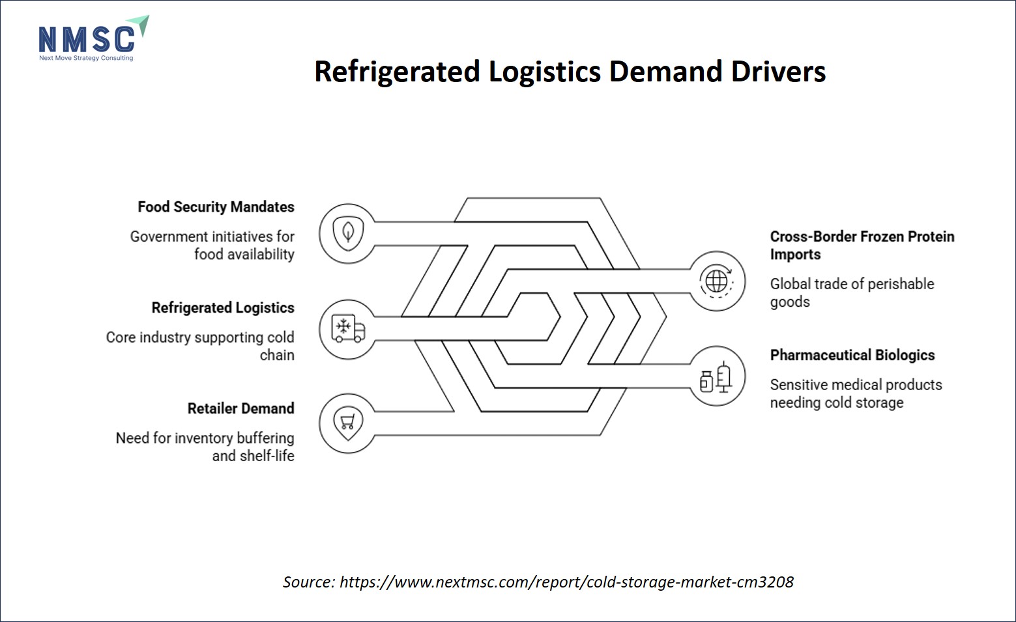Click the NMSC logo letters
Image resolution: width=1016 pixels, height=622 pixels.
[87, 39]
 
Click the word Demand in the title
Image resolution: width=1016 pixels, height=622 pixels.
[665, 72]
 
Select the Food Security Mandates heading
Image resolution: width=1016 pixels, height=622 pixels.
[216, 206]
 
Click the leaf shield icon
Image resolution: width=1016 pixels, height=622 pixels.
[348, 233]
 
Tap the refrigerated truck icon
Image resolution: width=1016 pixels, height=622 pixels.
[348, 329]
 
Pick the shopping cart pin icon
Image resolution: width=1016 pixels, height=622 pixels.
[348, 423]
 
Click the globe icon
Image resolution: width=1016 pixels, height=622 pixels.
[717, 281]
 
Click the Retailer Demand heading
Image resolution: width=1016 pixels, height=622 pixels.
[241, 408]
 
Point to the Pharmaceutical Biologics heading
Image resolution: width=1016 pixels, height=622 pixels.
[852, 355]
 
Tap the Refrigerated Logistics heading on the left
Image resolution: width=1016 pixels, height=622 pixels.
[223, 308]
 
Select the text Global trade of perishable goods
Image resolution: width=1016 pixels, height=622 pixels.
[852, 292]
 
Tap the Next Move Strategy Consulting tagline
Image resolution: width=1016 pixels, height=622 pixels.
[86, 58]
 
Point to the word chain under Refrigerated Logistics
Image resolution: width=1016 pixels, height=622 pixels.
[277, 355]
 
